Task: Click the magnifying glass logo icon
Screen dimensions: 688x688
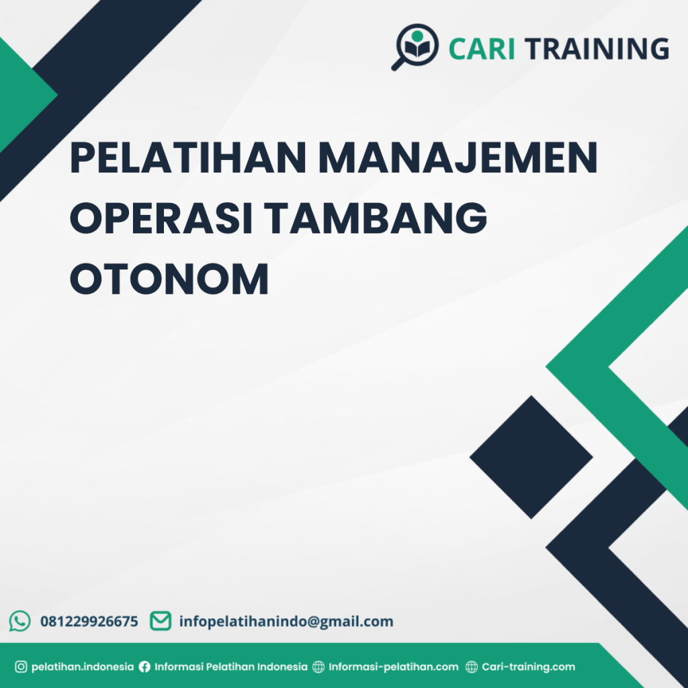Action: tap(414, 46)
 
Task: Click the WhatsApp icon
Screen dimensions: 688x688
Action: tap(20, 621)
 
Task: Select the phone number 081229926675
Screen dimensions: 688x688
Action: tap(89, 621)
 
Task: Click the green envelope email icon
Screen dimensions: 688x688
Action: tap(160, 621)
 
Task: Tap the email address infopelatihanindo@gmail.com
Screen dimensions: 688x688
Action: tap(286, 621)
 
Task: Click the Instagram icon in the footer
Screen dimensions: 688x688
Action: tap(21, 667)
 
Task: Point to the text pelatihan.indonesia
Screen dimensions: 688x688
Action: tap(83, 667)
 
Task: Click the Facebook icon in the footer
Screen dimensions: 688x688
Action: tap(144, 667)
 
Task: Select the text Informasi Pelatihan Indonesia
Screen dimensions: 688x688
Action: tap(231, 667)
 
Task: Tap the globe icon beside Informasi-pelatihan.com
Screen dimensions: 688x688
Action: tap(318, 667)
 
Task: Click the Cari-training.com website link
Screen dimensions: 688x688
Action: tap(528, 667)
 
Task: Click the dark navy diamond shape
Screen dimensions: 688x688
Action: tap(531, 457)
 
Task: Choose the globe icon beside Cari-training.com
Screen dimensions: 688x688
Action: tap(472, 667)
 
